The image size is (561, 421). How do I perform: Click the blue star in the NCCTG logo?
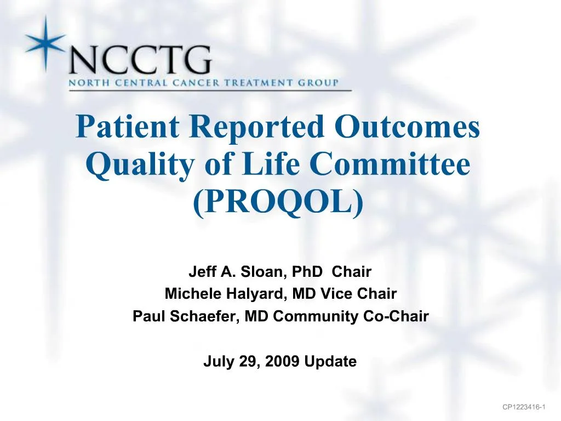tap(45, 42)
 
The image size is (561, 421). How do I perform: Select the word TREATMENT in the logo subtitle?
tap(242, 83)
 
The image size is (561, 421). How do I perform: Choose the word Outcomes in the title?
tap(408, 128)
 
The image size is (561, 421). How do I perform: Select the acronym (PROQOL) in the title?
tap(279, 201)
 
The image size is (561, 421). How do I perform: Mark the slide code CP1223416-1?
tap(524, 407)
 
